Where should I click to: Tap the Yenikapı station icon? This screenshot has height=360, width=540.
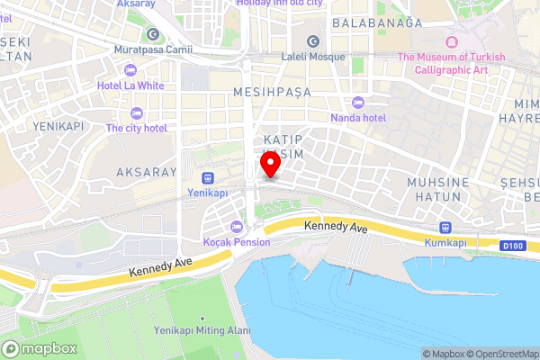coord(208,177)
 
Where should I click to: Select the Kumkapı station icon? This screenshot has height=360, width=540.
coord(444,228)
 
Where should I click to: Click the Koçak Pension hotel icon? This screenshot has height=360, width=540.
coord(236,227)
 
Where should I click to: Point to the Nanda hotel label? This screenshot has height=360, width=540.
coord(357,118)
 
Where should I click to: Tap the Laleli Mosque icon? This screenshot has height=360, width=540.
coord(313,41)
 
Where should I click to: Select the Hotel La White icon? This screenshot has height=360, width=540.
coord(131,70)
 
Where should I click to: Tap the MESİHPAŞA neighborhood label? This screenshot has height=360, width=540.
coord(271,92)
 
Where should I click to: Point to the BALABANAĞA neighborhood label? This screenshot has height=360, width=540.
coord(377,22)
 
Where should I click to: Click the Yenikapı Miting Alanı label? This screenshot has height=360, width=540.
coord(202,331)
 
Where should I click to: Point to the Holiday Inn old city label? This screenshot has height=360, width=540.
coord(279,4)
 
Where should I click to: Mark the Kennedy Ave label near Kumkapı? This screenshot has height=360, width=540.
coord(336,229)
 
